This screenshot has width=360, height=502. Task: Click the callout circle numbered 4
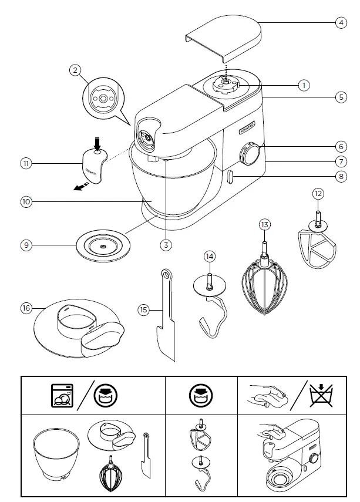(341, 23)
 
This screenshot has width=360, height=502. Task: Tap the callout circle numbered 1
(303, 86)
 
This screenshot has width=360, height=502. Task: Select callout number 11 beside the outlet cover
(25, 164)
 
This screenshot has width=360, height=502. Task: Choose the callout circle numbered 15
(143, 309)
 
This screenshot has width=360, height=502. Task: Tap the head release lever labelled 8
(229, 176)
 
